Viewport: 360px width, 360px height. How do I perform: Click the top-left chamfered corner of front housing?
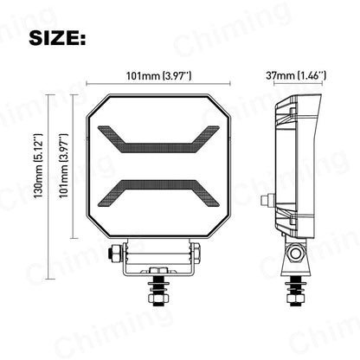coord(99,100)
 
